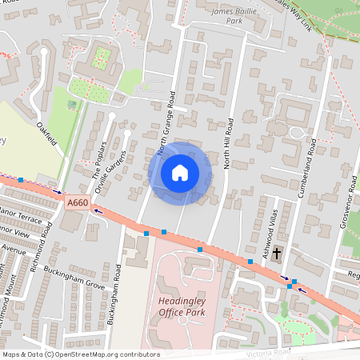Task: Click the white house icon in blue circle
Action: [x=180, y=172]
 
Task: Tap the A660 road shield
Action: [x=78, y=204]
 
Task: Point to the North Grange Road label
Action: [x=166, y=121]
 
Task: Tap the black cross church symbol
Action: [x=277, y=254]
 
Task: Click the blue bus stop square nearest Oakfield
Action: [x=21, y=180]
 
